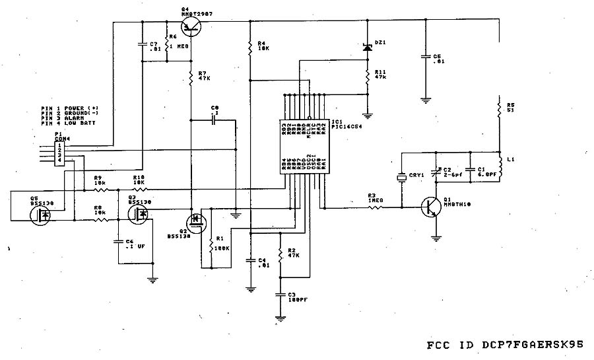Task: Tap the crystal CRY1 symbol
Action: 401,177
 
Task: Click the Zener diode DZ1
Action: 368,48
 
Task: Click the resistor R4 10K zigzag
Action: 250,48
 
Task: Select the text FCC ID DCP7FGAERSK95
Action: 505,345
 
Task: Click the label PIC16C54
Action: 345,127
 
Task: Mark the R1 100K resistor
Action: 210,246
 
